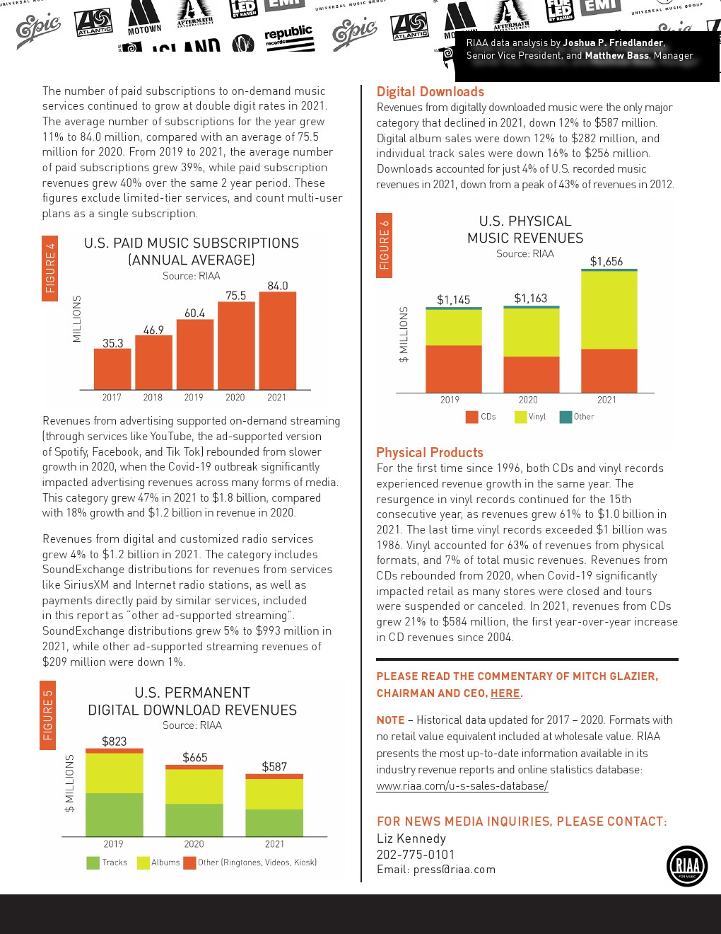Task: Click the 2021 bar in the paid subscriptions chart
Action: pos(277,340)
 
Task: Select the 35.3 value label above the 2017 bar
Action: pos(112,343)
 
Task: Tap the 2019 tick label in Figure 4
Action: pos(194,398)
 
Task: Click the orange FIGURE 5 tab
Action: pos(48,715)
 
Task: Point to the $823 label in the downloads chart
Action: pos(114,742)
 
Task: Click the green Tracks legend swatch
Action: pos(93,863)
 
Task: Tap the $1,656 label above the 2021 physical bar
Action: pos(606,262)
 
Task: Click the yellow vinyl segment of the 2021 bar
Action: pos(609,310)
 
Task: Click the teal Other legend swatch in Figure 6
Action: pos(565,417)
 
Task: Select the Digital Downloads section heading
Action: pos(430,92)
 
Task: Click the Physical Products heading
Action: pos(429,453)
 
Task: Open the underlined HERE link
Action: pos(505,693)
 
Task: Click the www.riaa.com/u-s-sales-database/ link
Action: pos(462,785)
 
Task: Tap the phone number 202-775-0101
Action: pos(416,854)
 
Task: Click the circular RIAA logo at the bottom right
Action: pos(686,865)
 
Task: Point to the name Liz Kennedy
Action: pos(411,838)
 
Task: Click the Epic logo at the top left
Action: pos(38,29)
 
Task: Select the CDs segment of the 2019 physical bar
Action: pos(453,368)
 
